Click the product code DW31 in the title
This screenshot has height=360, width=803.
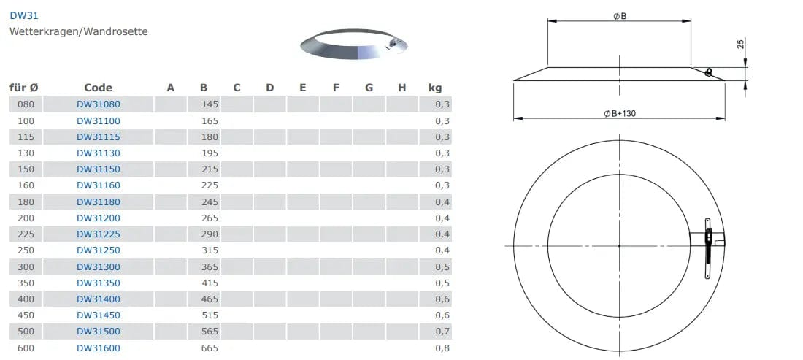click(x=24, y=15)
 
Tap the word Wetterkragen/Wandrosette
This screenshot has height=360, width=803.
click(x=79, y=31)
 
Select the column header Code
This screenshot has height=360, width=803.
click(x=99, y=88)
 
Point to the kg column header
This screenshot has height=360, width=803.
click(x=435, y=88)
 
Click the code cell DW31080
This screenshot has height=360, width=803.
click(x=99, y=104)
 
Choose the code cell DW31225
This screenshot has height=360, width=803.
click(x=99, y=234)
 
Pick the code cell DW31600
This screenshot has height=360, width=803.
click(x=99, y=348)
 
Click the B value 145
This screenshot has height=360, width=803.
click(x=210, y=104)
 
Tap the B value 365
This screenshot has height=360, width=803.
click(x=210, y=267)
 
